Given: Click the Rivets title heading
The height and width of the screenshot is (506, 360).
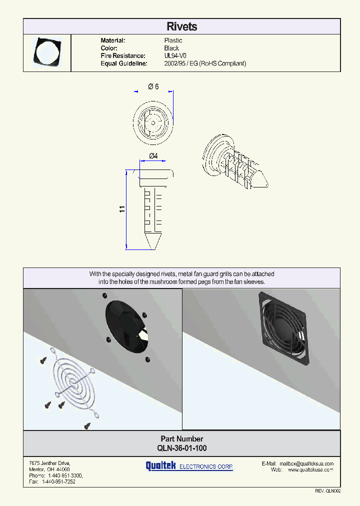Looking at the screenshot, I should click(181, 27).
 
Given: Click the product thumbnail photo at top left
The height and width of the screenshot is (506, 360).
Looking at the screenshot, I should click(47, 53).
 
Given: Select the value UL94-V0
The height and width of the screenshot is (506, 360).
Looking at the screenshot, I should click(175, 56).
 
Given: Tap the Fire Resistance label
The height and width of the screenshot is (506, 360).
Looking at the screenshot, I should click(123, 56).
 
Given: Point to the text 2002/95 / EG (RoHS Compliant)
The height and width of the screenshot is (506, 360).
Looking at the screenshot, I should click(205, 63).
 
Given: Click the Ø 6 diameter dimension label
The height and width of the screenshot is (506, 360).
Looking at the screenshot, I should click(153, 86).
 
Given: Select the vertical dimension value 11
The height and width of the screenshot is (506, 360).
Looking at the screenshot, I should click(121, 209).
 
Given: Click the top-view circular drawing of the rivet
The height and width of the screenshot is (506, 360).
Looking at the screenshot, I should click(154, 121).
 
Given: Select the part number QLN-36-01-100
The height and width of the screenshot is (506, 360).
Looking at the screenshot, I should click(181, 448).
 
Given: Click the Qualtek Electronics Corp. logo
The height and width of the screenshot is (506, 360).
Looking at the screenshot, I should click(189, 466).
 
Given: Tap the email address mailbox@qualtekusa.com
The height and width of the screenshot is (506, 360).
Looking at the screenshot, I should click(306, 463).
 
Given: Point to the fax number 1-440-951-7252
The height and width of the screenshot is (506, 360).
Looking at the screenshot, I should click(58, 481).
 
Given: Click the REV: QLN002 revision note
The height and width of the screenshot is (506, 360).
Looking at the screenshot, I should click(327, 491).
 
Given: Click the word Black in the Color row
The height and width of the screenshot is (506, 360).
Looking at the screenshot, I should click(171, 48).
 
